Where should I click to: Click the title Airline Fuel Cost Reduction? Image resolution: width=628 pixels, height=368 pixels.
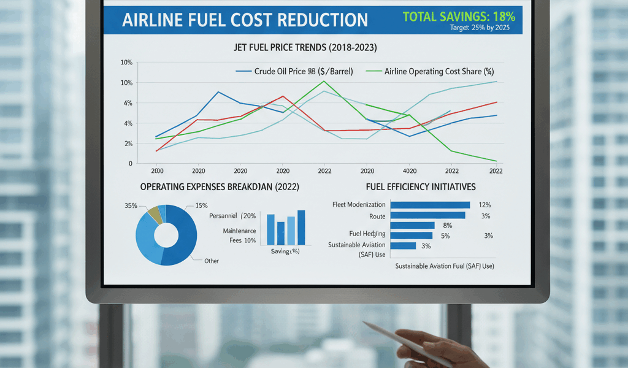[x=245, y=20]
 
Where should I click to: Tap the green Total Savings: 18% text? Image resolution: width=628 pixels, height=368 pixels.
[x=459, y=16]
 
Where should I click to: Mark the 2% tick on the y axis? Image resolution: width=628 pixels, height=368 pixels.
[x=128, y=144]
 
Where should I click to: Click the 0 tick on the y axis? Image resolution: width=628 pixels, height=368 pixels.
[x=130, y=164]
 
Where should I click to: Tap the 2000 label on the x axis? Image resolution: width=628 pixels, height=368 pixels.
[x=157, y=171]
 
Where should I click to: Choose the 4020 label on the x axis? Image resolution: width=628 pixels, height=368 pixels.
[x=409, y=171]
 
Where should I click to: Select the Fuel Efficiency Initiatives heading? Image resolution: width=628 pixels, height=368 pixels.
[x=421, y=186]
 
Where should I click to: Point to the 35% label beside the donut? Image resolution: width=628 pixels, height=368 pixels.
[x=131, y=205]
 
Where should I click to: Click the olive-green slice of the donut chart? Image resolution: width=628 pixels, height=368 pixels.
[x=154, y=214]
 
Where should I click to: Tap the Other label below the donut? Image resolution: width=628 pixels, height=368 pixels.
[x=212, y=261]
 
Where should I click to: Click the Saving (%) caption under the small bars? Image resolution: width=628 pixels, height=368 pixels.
[x=285, y=251]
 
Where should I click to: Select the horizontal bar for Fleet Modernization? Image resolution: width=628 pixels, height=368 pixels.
[x=430, y=205]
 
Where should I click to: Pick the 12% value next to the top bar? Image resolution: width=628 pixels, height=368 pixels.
[x=484, y=205]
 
